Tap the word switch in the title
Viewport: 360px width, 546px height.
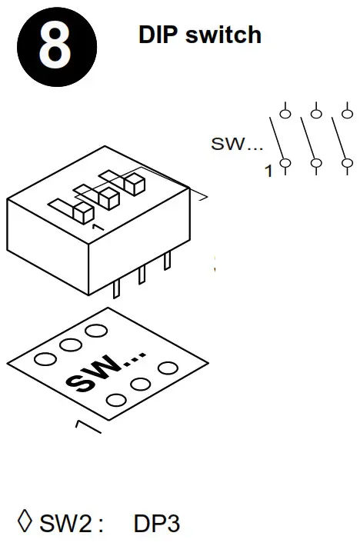[223, 35]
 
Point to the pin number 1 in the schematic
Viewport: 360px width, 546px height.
[268, 171]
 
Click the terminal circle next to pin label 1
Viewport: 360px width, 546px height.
[285, 163]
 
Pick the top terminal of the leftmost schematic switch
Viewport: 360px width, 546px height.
[285, 115]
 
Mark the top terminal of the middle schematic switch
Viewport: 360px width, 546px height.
[315, 115]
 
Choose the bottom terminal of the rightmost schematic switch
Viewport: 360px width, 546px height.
[346, 163]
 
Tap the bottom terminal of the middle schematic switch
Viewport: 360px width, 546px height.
[315, 163]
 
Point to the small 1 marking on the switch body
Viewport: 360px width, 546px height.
[95, 228]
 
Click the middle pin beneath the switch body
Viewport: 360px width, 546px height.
[142, 275]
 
